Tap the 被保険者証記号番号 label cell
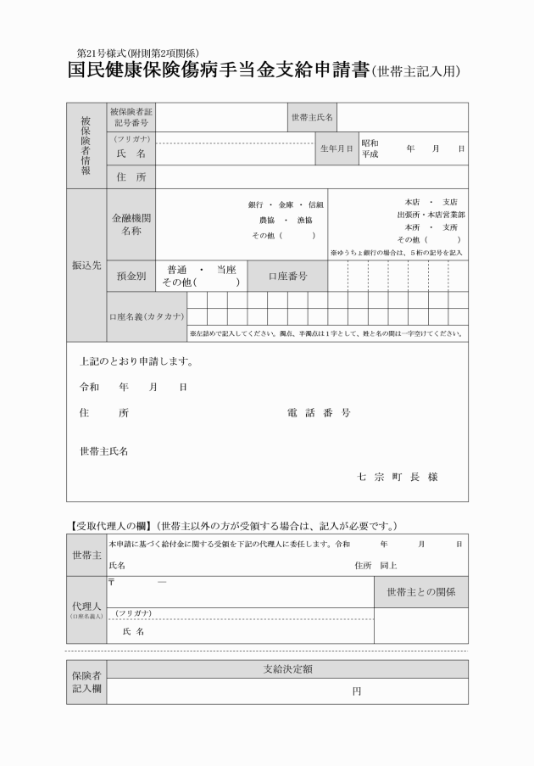pyautogui.click(x=131, y=117)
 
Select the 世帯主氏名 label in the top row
pyautogui.click(x=312, y=117)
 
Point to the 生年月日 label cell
pyautogui.click(x=337, y=148)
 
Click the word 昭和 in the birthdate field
pyautogui.click(x=370, y=143)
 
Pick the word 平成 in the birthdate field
pyautogui.click(x=370, y=154)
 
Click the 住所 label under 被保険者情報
pyautogui.click(x=131, y=177)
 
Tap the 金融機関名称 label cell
pyautogui.click(x=131, y=224)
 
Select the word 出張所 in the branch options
pyautogui.click(x=409, y=215)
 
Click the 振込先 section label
pyautogui.click(x=86, y=266)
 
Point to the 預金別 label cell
pyautogui.click(x=131, y=276)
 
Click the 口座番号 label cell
pyautogui.click(x=287, y=276)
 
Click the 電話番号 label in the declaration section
pyautogui.click(x=319, y=413)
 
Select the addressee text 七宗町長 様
pyautogui.click(x=398, y=477)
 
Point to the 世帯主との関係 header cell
pyautogui.click(x=420, y=591)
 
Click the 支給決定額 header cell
pyautogui.click(x=287, y=669)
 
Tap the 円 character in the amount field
pyautogui.click(x=356, y=691)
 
